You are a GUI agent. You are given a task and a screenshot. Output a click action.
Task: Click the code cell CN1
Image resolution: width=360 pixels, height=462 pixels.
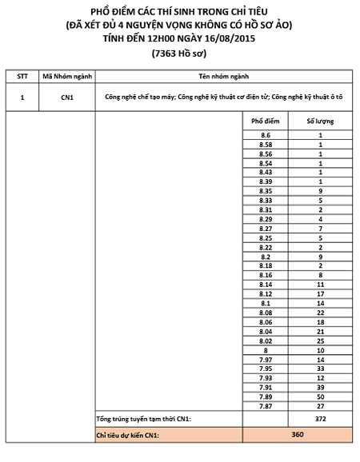[x=68, y=97]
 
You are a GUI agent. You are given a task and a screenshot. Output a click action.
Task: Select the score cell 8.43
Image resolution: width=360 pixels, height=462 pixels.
[x=266, y=171]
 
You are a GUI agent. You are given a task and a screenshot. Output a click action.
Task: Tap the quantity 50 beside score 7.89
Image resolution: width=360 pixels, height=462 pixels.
[x=320, y=396]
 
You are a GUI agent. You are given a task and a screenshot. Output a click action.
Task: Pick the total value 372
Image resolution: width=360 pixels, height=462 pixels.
[x=320, y=420]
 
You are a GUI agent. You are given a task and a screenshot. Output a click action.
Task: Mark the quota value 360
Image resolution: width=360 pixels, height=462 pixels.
[x=298, y=434]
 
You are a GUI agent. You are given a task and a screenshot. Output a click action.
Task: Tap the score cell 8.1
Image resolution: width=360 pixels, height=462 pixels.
[x=266, y=304]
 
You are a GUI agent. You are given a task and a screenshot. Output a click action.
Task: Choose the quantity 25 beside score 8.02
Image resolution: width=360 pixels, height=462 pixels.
[x=320, y=340]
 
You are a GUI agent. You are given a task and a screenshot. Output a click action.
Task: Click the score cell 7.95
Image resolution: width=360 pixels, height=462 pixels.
[x=266, y=368]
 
